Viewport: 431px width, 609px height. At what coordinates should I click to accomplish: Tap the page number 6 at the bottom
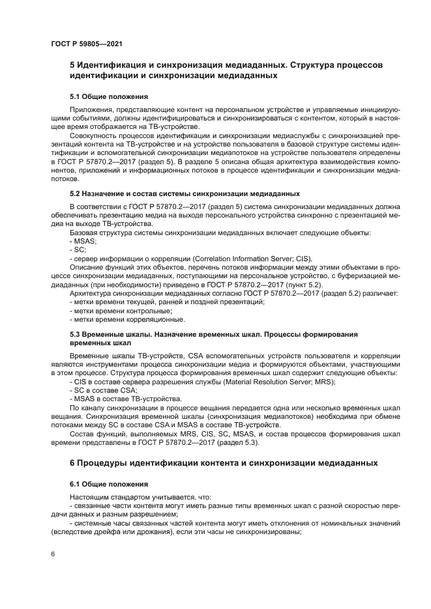click(52, 554)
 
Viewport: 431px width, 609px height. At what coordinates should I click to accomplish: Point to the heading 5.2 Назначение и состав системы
click(185, 193)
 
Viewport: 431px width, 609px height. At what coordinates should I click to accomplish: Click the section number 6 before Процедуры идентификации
click(72, 463)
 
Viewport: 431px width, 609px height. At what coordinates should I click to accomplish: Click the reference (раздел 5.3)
click(238, 442)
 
